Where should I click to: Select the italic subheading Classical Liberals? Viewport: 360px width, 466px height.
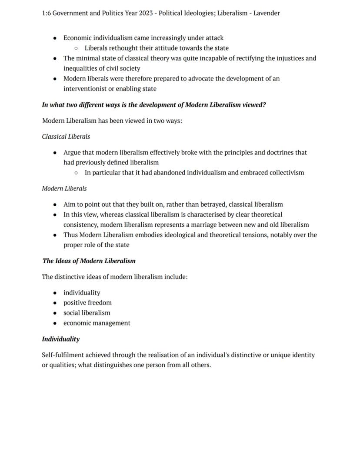click(x=66, y=137)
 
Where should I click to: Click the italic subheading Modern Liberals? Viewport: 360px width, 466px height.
click(x=64, y=188)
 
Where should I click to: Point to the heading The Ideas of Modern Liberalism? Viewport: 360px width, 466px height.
click(x=89, y=261)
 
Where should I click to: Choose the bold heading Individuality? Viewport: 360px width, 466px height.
click(x=60, y=339)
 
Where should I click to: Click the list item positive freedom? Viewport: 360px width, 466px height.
click(x=87, y=303)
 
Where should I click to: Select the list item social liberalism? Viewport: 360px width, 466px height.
click(x=87, y=313)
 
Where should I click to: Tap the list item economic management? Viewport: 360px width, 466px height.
click(x=97, y=323)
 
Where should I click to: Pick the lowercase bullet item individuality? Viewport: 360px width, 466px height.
click(x=82, y=293)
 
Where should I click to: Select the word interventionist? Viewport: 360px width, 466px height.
click(x=85, y=89)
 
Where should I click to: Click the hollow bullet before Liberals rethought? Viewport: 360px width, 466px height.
click(x=76, y=48)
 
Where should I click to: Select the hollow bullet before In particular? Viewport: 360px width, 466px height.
click(x=76, y=173)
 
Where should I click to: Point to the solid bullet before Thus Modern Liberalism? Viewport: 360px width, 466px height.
click(x=55, y=235)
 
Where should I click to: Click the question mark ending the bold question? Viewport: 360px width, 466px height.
click(x=264, y=105)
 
